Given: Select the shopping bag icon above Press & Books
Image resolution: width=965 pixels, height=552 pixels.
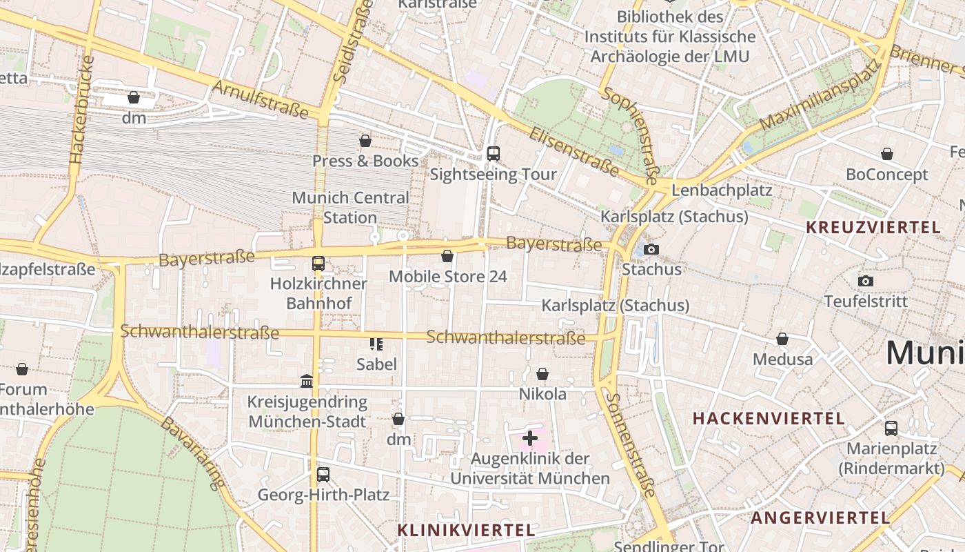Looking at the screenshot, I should [365, 141].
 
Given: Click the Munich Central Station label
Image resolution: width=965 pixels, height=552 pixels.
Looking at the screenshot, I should [350, 207].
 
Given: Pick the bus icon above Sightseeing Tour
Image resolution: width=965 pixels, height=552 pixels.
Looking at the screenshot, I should [493, 154].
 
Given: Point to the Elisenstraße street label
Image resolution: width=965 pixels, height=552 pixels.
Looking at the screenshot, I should [573, 151].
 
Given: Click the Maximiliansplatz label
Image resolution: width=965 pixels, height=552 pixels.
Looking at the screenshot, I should [820, 95].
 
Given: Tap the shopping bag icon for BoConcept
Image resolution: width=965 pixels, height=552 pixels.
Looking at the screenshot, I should [887, 154].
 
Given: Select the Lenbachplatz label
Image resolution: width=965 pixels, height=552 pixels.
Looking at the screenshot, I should [721, 190].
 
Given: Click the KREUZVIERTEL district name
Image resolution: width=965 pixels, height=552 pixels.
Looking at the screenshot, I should [873, 227].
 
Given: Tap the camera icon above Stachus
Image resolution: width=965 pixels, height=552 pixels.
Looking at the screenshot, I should [651, 249].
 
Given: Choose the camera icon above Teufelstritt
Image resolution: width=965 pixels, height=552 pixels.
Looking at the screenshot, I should [866, 281].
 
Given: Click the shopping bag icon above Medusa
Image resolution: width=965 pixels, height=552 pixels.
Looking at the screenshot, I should [782, 339].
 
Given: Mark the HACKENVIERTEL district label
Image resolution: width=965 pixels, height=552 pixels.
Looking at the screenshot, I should [769, 418].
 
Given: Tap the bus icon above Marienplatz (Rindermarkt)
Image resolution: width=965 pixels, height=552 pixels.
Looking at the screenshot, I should [891, 428].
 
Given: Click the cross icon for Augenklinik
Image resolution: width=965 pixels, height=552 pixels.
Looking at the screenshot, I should [530, 437].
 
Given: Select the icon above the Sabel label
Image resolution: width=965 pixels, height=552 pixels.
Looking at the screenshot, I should [376, 344].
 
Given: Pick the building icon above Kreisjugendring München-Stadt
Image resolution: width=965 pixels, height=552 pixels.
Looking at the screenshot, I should [307, 381].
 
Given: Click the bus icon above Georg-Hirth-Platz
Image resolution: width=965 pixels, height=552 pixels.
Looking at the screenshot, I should [323, 475].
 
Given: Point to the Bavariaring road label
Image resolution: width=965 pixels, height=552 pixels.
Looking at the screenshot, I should [194, 452].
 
